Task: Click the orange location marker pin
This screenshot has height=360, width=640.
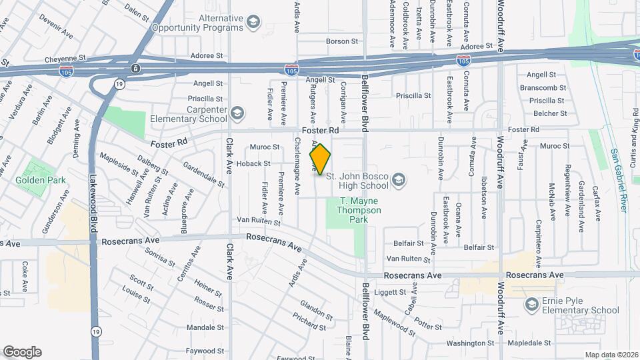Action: [x=320, y=159]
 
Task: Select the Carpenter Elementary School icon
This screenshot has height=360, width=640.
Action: [x=237, y=113]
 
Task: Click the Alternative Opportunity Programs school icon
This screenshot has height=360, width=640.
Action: [x=253, y=23]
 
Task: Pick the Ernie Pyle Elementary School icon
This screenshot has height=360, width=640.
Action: [x=532, y=305]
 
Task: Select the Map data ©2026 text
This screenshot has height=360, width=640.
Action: [x=611, y=355]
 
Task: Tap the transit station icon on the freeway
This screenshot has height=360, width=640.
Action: [x=135, y=68]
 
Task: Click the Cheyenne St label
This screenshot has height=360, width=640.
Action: [x=67, y=59]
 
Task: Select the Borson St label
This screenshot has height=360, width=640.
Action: [x=342, y=41]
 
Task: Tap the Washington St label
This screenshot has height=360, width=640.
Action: [x=470, y=343]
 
